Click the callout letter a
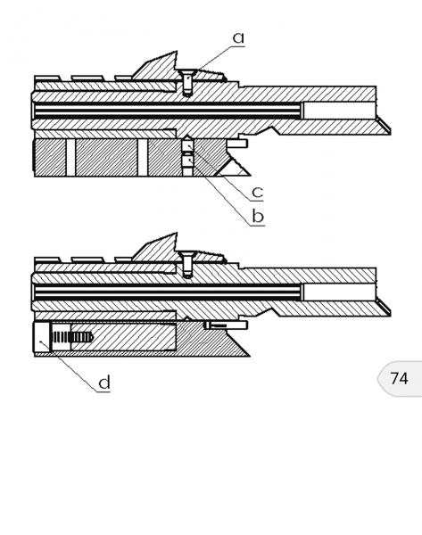tap(238, 37)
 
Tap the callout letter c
tap(258, 192)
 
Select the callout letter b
tap(258, 217)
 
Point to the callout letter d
tap(104, 383)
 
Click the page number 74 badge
tap(400, 378)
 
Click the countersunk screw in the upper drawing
tap(187, 82)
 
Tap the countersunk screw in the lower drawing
tap(187, 264)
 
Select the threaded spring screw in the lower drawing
tap(72, 338)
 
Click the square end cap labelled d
tap(42, 338)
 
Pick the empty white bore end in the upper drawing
tap(339, 111)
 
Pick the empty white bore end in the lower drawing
tap(339, 292)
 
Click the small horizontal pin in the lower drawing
tap(226, 325)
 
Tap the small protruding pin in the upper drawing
tap(237, 144)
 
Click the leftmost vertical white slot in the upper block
tap(70, 157)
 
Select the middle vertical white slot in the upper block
tap(143, 157)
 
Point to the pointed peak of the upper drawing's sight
tap(176, 52)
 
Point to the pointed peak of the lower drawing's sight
tap(176, 234)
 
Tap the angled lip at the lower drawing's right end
tap(384, 307)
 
